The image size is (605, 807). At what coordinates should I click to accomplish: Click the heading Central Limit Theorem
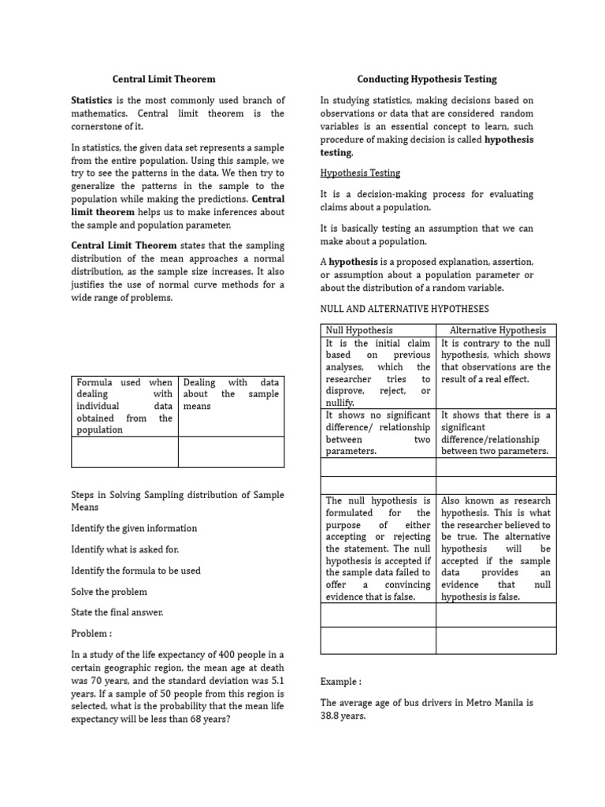163,80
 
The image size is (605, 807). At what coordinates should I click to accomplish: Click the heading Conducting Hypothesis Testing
427,80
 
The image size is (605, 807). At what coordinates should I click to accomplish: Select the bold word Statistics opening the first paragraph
92,101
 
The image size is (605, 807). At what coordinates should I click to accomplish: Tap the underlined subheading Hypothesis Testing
360,173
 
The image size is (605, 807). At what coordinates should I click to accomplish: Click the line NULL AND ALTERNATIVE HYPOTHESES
404,309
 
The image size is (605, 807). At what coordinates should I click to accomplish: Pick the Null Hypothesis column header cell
359,330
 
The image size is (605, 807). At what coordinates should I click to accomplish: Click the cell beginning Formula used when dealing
124,406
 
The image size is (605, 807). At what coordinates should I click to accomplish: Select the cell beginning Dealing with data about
231,394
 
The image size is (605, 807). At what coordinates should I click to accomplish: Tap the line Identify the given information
134,528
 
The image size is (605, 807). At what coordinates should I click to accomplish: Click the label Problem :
91,634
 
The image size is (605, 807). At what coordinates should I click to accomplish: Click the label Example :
341,681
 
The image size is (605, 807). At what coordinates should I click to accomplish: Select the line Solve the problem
109,591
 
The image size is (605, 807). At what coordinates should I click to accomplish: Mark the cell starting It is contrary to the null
496,361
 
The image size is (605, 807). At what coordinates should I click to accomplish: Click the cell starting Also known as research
496,549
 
